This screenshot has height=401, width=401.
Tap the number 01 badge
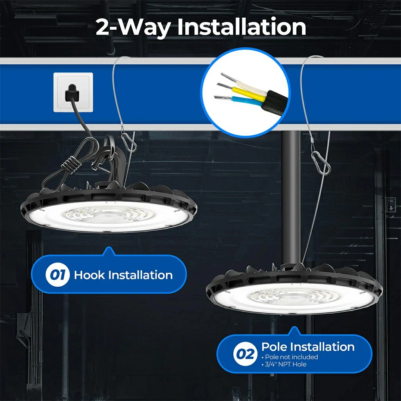58,275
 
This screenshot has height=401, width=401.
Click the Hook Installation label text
123,275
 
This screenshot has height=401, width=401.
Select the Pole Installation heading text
308,347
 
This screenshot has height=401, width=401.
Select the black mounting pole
291,196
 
